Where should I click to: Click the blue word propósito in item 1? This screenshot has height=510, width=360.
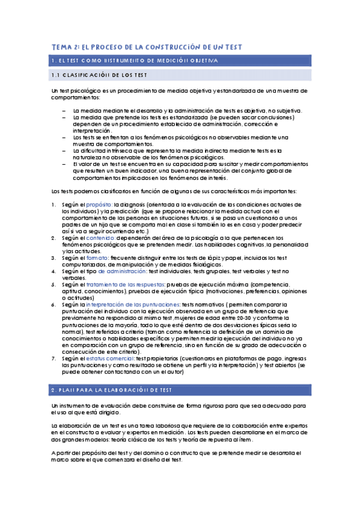[99, 204]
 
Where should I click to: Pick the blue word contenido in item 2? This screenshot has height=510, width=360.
[99, 238]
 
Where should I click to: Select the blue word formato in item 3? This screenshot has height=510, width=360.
[96, 257]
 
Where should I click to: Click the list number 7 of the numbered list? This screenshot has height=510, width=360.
[54, 358]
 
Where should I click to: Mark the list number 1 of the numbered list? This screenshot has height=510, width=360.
[54, 204]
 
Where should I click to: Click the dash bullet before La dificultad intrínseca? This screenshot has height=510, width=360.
[64, 151]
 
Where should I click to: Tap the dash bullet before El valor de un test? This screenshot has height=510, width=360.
[64, 164]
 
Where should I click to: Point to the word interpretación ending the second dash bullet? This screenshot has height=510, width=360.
[90, 131]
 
